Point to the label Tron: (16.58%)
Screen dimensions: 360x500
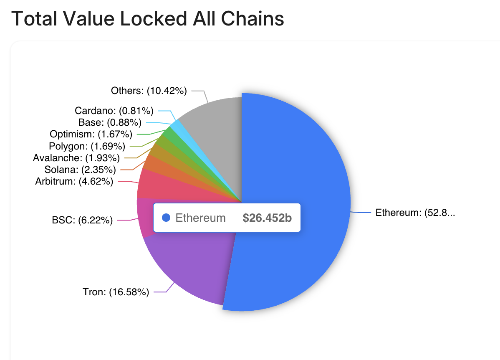coord(116,292)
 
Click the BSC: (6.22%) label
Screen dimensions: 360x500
coord(83,220)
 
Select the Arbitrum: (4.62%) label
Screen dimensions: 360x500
coord(74,181)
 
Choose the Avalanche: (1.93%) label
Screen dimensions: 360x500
coord(76,158)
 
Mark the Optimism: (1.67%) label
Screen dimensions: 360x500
coord(91,134)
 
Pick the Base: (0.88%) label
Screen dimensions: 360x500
coord(110,122)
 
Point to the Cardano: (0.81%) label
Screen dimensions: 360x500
coord(114,111)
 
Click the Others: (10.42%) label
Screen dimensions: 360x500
coord(149,90)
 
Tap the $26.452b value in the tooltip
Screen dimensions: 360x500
coord(267,218)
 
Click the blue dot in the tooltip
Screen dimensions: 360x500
coord(166,218)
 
